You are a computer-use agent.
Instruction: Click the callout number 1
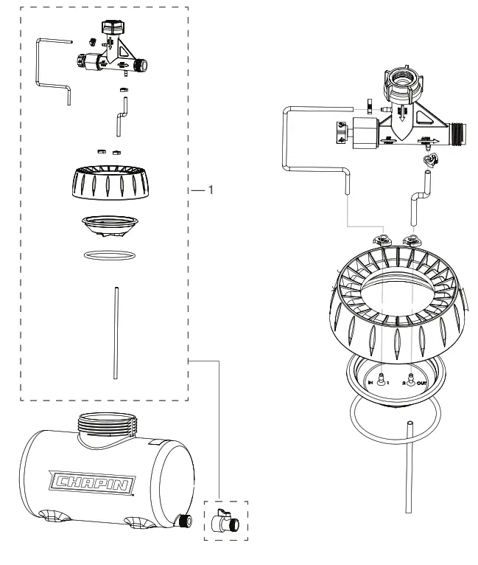click(x=211, y=190)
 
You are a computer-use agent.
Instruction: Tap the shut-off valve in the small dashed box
click(x=224, y=521)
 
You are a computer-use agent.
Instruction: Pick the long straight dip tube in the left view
click(x=115, y=333)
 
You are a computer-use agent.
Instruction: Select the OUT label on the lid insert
click(x=421, y=383)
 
